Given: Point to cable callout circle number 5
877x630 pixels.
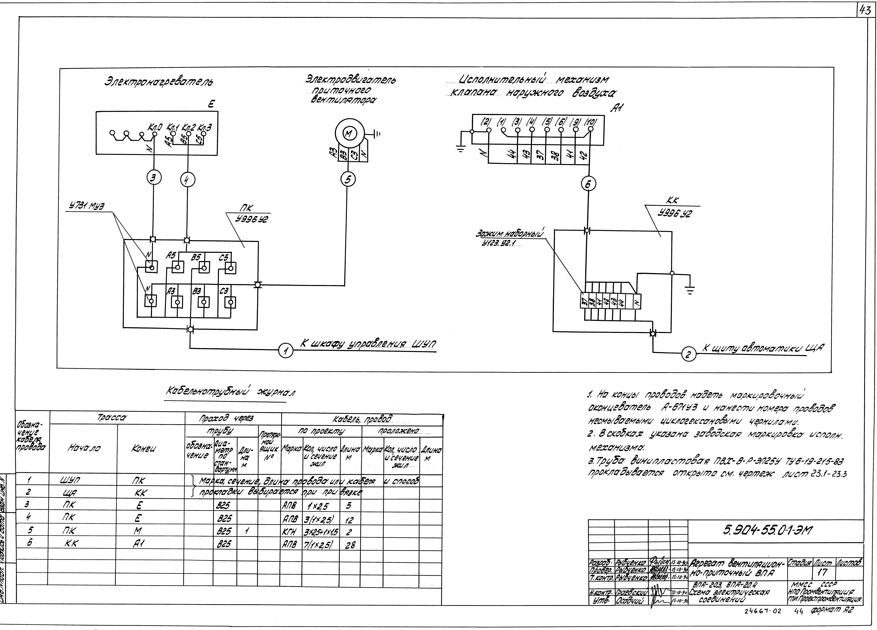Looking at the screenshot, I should coord(348,180).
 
